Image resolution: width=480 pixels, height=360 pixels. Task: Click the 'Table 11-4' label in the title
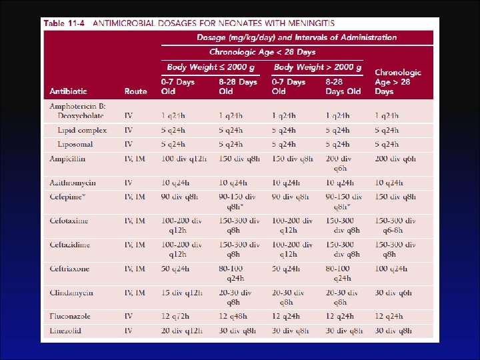point(64,23)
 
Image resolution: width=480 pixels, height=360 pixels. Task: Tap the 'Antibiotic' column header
point(67,91)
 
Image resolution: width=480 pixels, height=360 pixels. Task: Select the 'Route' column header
point(135,91)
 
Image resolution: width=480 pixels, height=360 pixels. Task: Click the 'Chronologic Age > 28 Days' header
point(397,81)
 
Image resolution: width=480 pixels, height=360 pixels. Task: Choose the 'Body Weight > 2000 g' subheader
point(318,67)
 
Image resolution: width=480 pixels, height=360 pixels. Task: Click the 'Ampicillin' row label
point(67,159)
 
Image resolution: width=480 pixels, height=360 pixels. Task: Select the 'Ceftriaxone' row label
point(69,268)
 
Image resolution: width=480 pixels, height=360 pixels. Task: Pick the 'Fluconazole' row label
point(70,316)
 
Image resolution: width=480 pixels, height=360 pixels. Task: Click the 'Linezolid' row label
point(65,331)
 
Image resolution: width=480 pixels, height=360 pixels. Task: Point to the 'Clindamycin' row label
point(70,292)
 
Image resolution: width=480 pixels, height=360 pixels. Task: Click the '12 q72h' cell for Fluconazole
point(177,316)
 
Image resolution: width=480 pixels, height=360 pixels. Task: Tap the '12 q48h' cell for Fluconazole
point(234,316)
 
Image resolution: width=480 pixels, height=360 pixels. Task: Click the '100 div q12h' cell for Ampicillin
point(184,159)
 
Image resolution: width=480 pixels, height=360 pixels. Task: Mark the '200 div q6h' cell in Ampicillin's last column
point(395,159)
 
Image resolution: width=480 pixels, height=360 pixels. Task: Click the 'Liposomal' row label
point(75,144)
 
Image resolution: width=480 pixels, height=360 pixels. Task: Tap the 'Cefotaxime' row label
point(69,220)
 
